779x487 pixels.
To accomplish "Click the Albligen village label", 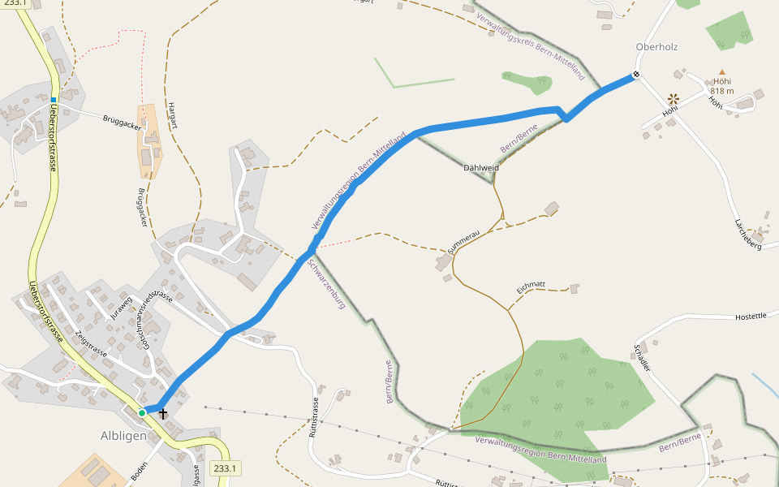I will pyautogui.click(x=123, y=435).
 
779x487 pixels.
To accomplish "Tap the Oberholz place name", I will pyautogui.click(x=656, y=47).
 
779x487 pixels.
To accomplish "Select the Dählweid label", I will pyautogui.click(x=481, y=168).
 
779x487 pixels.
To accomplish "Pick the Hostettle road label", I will pyautogui.click(x=750, y=316).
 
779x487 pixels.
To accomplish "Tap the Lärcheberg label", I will pyautogui.click(x=747, y=233).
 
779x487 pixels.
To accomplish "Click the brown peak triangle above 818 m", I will pyautogui.click(x=721, y=72).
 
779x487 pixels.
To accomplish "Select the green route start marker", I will pyautogui.click(x=142, y=413).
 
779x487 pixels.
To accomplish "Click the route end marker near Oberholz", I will pyautogui.click(x=637, y=75).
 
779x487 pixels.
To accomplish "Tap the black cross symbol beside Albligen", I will pyautogui.click(x=163, y=413).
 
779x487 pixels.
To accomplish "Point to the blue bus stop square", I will pyautogui.click(x=54, y=100).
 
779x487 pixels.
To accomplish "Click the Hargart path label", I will pyautogui.click(x=172, y=115).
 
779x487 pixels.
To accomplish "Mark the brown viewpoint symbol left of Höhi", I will pyautogui.click(x=674, y=98).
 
